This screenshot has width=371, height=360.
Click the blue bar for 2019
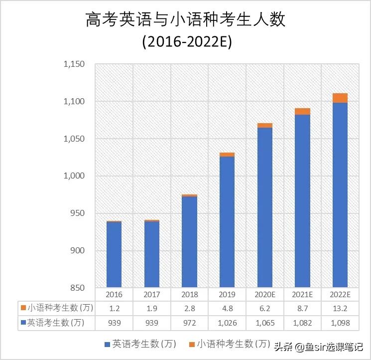pyautogui.click(x=227, y=222)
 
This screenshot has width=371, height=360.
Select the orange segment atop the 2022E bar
pyautogui.click(x=340, y=98)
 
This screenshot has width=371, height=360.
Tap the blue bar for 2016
pyautogui.click(x=114, y=254)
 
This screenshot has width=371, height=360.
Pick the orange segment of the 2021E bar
pyautogui.click(x=302, y=111)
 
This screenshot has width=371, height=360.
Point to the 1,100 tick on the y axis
pyautogui.click(x=74, y=101)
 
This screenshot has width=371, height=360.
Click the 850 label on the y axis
pyautogui.click(x=77, y=288)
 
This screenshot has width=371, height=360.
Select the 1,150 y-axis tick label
pyautogui.click(x=74, y=64)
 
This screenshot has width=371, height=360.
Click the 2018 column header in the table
pyautogui.click(x=189, y=295)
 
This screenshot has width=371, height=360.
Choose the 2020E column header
pyautogui.click(x=264, y=295)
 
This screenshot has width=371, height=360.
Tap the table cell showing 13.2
pyautogui.click(x=340, y=308)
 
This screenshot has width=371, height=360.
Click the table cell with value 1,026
pyautogui.click(x=227, y=323)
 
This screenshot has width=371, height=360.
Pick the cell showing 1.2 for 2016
pyautogui.click(x=114, y=308)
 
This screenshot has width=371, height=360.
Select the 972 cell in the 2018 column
pyautogui.click(x=189, y=323)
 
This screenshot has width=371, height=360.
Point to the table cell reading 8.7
pyautogui.click(x=302, y=308)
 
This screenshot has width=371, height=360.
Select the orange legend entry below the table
pyautogui.click(x=229, y=344)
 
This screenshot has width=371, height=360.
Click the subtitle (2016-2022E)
pyautogui.click(x=187, y=42)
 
